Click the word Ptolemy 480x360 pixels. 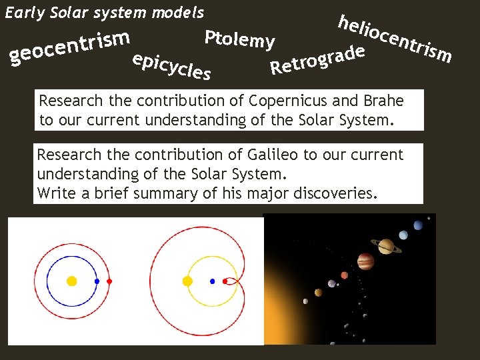(239, 39)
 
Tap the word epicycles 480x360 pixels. (171, 65)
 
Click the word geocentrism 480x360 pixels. (70, 48)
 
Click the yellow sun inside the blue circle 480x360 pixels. (72, 281)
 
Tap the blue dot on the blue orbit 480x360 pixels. (97, 281)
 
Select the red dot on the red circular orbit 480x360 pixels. (110, 281)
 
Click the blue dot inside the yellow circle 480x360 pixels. (212, 281)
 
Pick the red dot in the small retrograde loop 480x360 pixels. (225, 281)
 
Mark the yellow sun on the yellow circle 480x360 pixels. (187, 281)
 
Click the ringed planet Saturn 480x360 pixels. (386, 247)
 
